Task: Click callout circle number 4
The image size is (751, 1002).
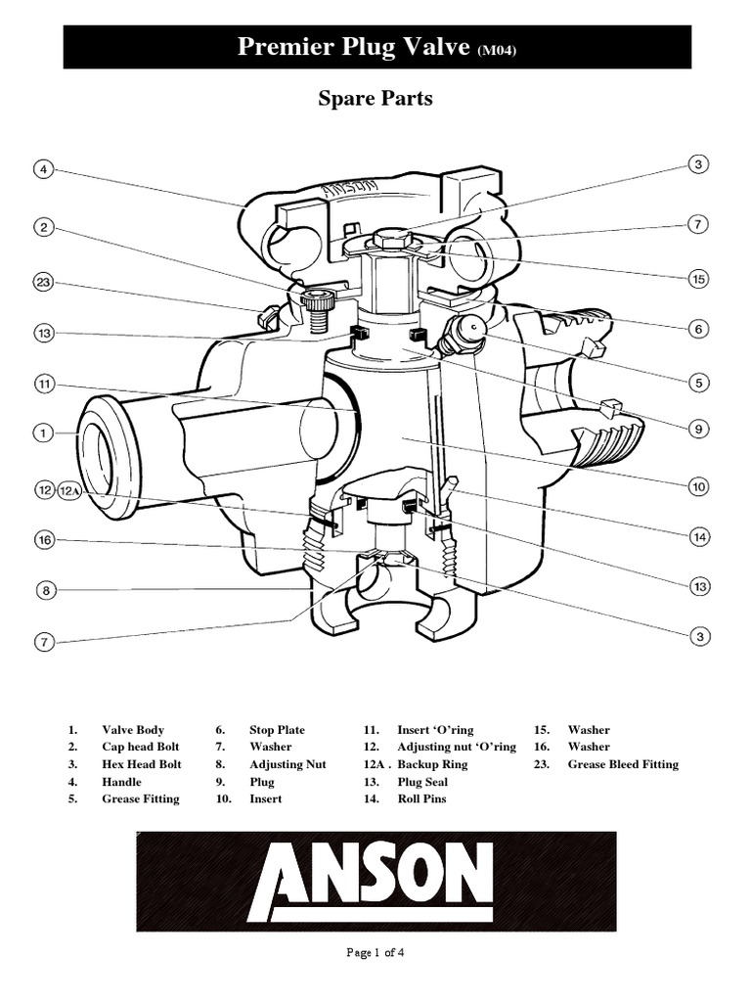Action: click(43, 169)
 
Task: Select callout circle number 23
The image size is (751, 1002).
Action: click(43, 283)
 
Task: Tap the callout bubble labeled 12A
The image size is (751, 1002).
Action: click(71, 490)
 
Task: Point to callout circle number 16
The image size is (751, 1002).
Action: click(43, 539)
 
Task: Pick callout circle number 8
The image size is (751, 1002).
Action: click(43, 590)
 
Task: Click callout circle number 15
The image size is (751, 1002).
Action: click(698, 279)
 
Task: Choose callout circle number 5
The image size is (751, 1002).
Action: click(698, 382)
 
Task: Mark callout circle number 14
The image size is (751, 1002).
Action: click(698, 536)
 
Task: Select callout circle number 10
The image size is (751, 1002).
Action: click(698, 485)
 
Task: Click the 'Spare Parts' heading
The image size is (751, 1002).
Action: click(375, 99)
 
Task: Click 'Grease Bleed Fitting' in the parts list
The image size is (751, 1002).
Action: click(623, 764)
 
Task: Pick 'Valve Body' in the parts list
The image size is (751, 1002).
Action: click(133, 730)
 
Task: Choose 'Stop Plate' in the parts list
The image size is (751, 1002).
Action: click(277, 730)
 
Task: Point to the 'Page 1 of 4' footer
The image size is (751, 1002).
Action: click(375, 955)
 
